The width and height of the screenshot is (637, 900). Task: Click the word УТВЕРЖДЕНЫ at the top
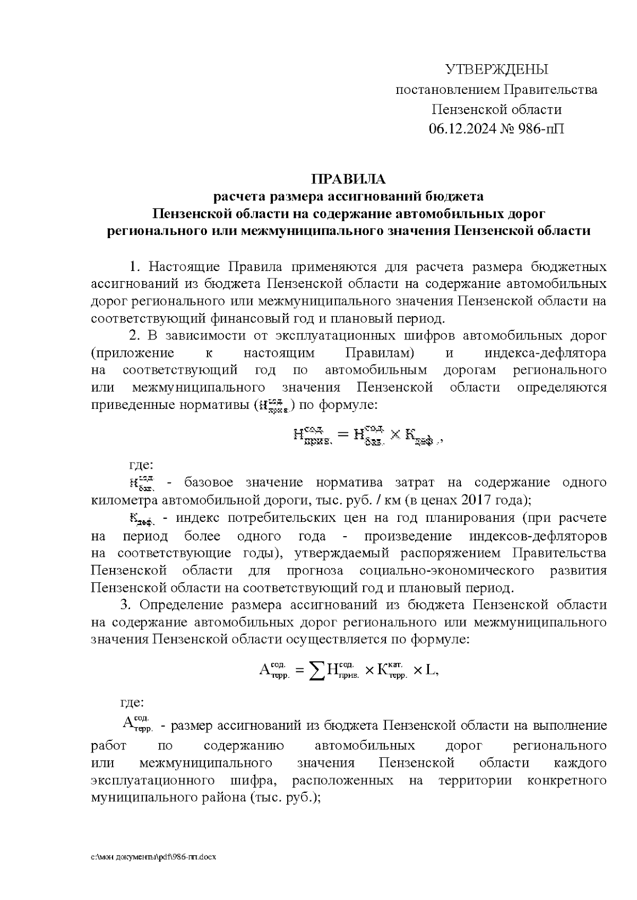coord(496,69)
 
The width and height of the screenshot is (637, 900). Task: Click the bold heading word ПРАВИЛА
coord(348,179)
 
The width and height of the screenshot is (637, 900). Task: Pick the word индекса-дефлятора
coord(545,353)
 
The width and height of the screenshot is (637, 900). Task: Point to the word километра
coord(125,500)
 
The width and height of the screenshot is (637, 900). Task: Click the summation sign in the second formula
coord(317,671)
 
